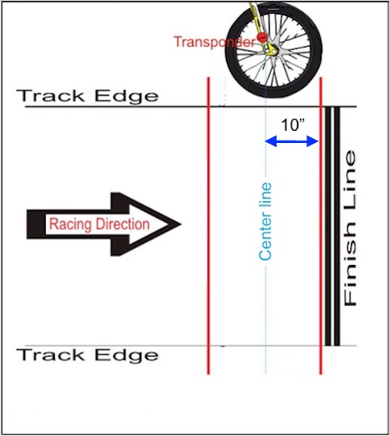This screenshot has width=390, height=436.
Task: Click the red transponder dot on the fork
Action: coord(262,37)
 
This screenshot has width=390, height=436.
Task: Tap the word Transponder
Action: coord(215,42)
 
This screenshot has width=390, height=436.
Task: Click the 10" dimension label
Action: coord(293,125)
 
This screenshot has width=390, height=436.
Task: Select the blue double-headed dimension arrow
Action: coord(291,141)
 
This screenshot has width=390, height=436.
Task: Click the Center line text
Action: coord(265,221)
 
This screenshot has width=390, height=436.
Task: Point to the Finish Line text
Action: coord(350,228)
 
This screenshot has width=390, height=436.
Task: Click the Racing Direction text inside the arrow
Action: coord(99,224)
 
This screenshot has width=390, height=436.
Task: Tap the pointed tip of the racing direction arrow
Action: coord(181,224)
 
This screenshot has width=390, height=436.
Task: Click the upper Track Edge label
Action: coord(87,95)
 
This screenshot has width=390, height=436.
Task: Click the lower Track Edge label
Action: coord(87,355)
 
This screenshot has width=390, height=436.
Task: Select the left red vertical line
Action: coord(208,226)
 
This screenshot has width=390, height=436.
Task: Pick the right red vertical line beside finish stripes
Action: coord(321,226)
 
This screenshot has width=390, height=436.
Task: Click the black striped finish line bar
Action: coord(333,226)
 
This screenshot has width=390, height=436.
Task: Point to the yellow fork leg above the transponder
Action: coord(255,17)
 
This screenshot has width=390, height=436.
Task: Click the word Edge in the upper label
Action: coord(126,96)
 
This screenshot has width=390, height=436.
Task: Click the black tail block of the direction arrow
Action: coord(36,224)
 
